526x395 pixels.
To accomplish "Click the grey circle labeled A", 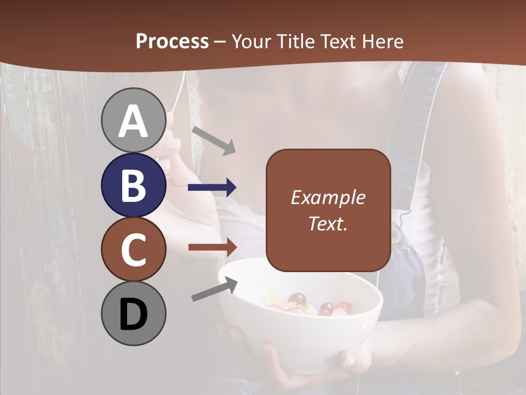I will click(x=133, y=121).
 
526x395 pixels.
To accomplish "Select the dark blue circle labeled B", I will click(x=133, y=185).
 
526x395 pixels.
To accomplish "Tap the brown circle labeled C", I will click(x=133, y=249).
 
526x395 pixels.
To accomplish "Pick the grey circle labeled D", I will click(x=133, y=313).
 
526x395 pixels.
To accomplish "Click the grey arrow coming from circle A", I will click(x=214, y=140).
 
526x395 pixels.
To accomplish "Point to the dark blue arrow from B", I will click(x=212, y=188).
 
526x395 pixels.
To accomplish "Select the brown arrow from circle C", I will click(x=212, y=247).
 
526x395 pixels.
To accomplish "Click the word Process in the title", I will click(x=172, y=41).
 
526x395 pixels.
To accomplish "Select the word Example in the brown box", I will click(x=328, y=198).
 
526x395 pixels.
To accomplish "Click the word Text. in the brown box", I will click(x=328, y=223).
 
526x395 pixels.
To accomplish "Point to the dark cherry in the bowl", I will click(x=298, y=300).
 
